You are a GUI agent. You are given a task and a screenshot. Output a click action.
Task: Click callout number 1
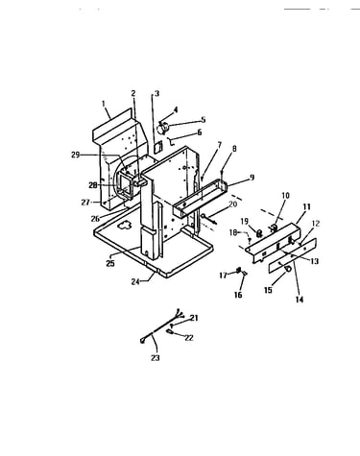(104, 104)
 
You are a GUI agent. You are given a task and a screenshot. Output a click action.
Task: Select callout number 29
(75, 156)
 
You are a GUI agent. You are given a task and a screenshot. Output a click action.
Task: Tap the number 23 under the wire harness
(156, 358)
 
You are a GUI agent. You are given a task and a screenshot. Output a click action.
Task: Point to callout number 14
(300, 300)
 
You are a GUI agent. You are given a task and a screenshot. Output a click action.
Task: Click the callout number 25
(110, 264)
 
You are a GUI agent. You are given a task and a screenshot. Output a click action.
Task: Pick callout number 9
(252, 177)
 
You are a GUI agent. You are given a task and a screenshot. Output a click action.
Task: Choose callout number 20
(233, 204)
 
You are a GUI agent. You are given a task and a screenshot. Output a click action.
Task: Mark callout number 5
(204, 120)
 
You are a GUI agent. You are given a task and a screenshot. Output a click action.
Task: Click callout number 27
(85, 203)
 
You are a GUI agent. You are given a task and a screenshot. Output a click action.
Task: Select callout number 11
(306, 207)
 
